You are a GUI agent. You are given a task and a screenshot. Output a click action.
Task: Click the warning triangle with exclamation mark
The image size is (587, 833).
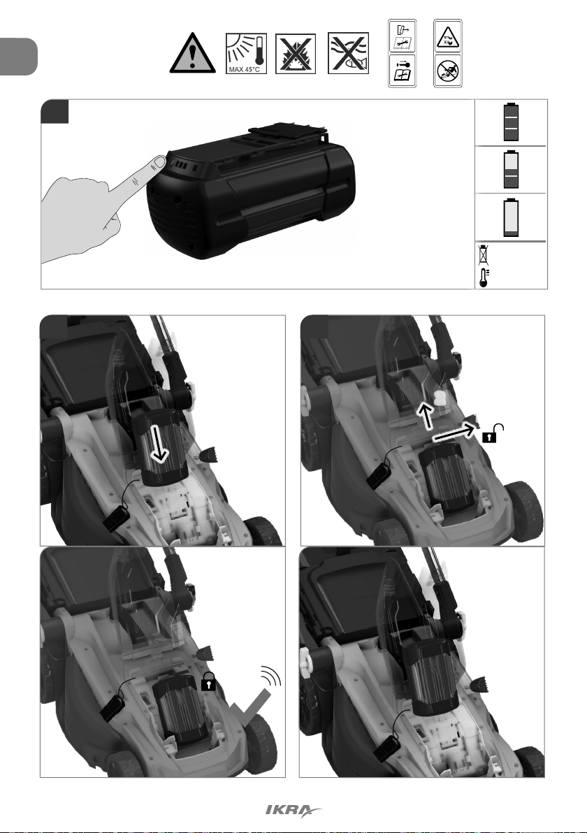[192, 52]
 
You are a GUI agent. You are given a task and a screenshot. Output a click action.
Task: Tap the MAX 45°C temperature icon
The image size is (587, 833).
[246, 53]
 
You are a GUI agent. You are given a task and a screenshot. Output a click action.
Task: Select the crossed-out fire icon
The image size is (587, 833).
[296, 54]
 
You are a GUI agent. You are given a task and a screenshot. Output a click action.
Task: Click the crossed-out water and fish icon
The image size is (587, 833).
[348, 53]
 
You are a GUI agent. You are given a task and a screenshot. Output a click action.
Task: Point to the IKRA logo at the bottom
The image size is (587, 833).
[293, 810]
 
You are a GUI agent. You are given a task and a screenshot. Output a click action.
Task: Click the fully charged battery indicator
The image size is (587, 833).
[511, 122]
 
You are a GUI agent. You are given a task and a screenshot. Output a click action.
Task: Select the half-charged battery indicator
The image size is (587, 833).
[511, 170]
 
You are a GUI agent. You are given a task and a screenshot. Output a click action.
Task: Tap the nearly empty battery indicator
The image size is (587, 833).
[511, 217]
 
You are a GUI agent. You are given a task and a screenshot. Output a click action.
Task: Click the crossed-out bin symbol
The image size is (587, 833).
[483, 255]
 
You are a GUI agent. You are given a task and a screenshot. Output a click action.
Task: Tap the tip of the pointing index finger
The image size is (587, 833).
[161, 159]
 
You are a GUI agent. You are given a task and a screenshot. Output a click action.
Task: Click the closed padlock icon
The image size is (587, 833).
[208, 681]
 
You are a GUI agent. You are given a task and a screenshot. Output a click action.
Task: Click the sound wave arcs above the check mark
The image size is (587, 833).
[271, 676]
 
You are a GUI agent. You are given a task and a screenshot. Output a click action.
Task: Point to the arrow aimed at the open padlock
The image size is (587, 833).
[455, 432]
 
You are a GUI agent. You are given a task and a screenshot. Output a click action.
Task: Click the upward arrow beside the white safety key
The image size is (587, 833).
[424, 415]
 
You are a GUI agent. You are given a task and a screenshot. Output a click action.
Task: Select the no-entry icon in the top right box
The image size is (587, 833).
[447, 71]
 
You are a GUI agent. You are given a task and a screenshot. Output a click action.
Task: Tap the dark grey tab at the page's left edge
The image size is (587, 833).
[19, 57]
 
